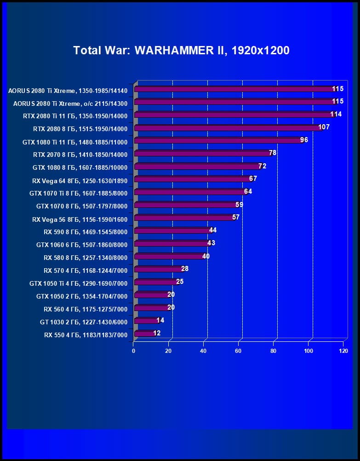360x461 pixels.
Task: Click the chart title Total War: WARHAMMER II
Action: click(181, 50)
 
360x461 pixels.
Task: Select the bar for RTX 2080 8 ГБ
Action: click(228, 128)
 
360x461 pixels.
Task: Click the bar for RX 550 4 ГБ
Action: click(144, 334)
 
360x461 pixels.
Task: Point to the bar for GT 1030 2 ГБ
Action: click(146, 321)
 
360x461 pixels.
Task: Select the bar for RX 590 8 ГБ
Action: click(172, 231)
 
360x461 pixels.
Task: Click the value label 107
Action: click(324, 127)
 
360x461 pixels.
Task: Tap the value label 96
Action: click(304, 140)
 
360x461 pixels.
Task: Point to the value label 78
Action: click(272, 153)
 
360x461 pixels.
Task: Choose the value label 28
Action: click(185, 269)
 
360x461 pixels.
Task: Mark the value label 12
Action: click(157, 333)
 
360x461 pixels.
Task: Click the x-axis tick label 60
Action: click(238, 351)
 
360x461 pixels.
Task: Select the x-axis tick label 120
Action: click(343, 351)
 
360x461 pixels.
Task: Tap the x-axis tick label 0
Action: click(134, 351)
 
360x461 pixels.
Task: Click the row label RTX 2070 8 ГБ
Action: click(80, 155)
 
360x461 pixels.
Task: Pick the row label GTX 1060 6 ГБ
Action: click(82, 245)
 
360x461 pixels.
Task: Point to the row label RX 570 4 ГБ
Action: click(86, 271)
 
